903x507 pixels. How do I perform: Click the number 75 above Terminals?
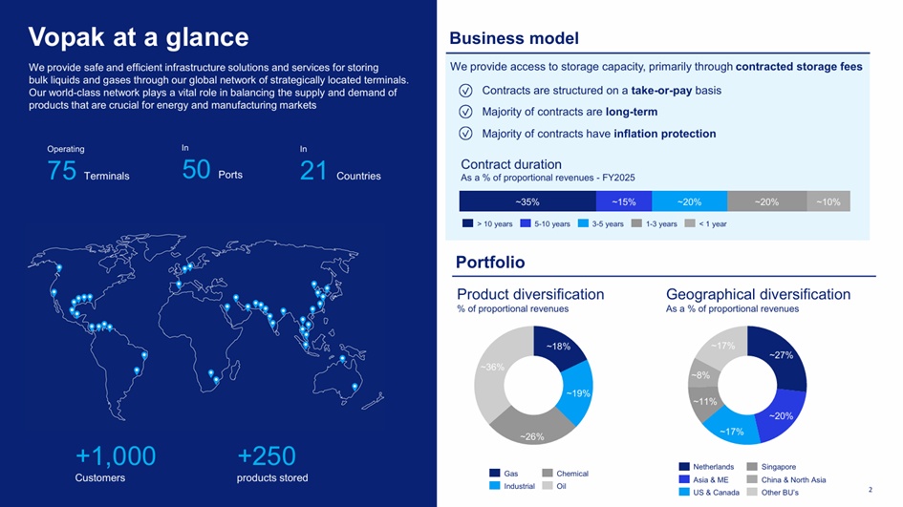coord(61,171)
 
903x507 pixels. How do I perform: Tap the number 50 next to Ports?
coord(197,170)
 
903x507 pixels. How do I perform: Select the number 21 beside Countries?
coord(313,171)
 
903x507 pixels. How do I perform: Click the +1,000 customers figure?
coord(116,455)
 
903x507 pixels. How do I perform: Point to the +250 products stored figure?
coord(267,455)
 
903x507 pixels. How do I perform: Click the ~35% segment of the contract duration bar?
coord(527,202)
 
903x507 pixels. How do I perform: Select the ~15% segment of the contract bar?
coord(624,202)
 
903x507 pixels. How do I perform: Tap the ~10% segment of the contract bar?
coord(828,202)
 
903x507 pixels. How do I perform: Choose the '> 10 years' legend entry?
coord(487,223)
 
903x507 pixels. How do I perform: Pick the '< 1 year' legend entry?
coord(705,223)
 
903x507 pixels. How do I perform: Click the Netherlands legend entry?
coord(706,467)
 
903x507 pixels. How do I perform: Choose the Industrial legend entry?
coord(512,486)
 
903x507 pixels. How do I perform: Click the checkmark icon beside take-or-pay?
coord(465,91)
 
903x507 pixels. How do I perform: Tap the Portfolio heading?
coord(490,263)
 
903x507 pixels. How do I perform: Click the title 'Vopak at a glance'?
coord(139,37)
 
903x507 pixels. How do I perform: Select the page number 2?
coord(871,490)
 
